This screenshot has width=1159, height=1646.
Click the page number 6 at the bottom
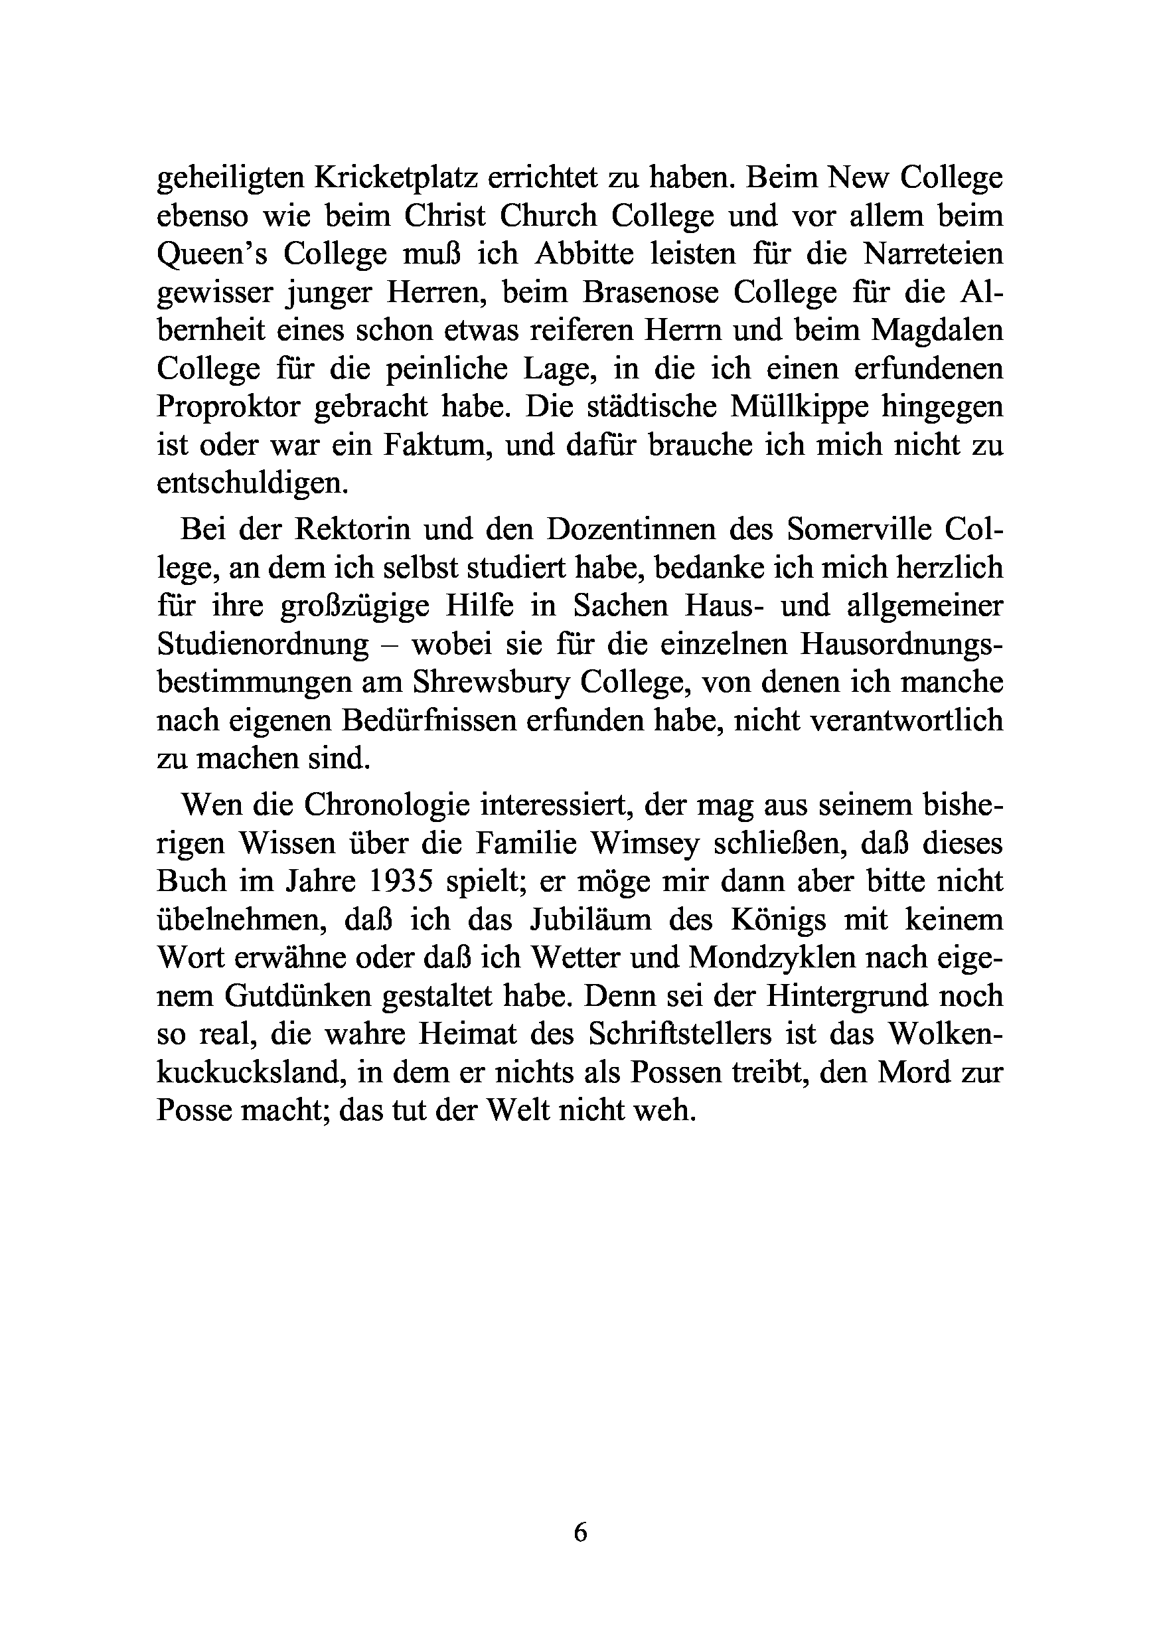coord(580,1532)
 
